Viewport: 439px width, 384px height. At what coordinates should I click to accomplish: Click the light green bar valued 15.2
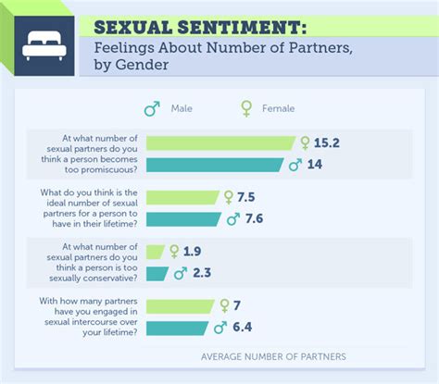(x=220, y=143)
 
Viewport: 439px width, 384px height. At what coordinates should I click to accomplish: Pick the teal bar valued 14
(x=215, y=165)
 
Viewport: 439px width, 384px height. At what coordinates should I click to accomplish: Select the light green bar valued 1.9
(x=156, y=251)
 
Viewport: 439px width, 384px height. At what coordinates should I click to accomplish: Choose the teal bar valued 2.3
(x=158, y=273)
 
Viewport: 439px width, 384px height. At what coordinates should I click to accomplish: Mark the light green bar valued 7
(x=180, y=305)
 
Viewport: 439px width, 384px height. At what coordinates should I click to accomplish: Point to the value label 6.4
(x=244, y=328)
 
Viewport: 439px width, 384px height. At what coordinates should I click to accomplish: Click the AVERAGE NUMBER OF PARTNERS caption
(x=273, y=356)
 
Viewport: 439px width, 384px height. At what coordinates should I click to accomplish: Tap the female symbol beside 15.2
(x=305, y=143)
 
